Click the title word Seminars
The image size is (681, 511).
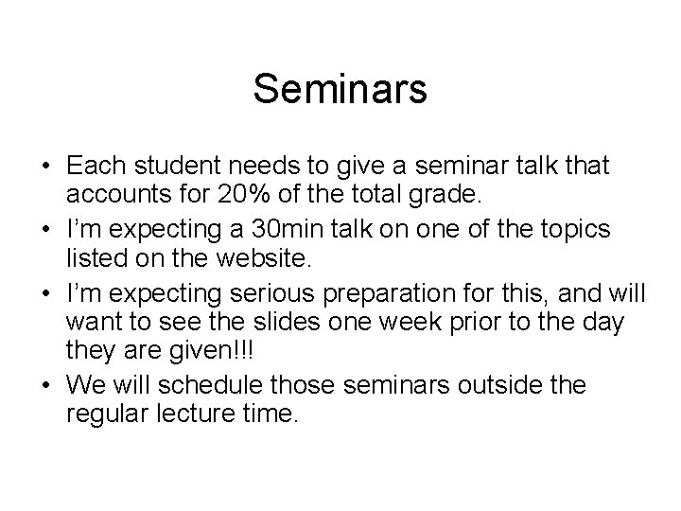pyautogui.click(x=340, y=91)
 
